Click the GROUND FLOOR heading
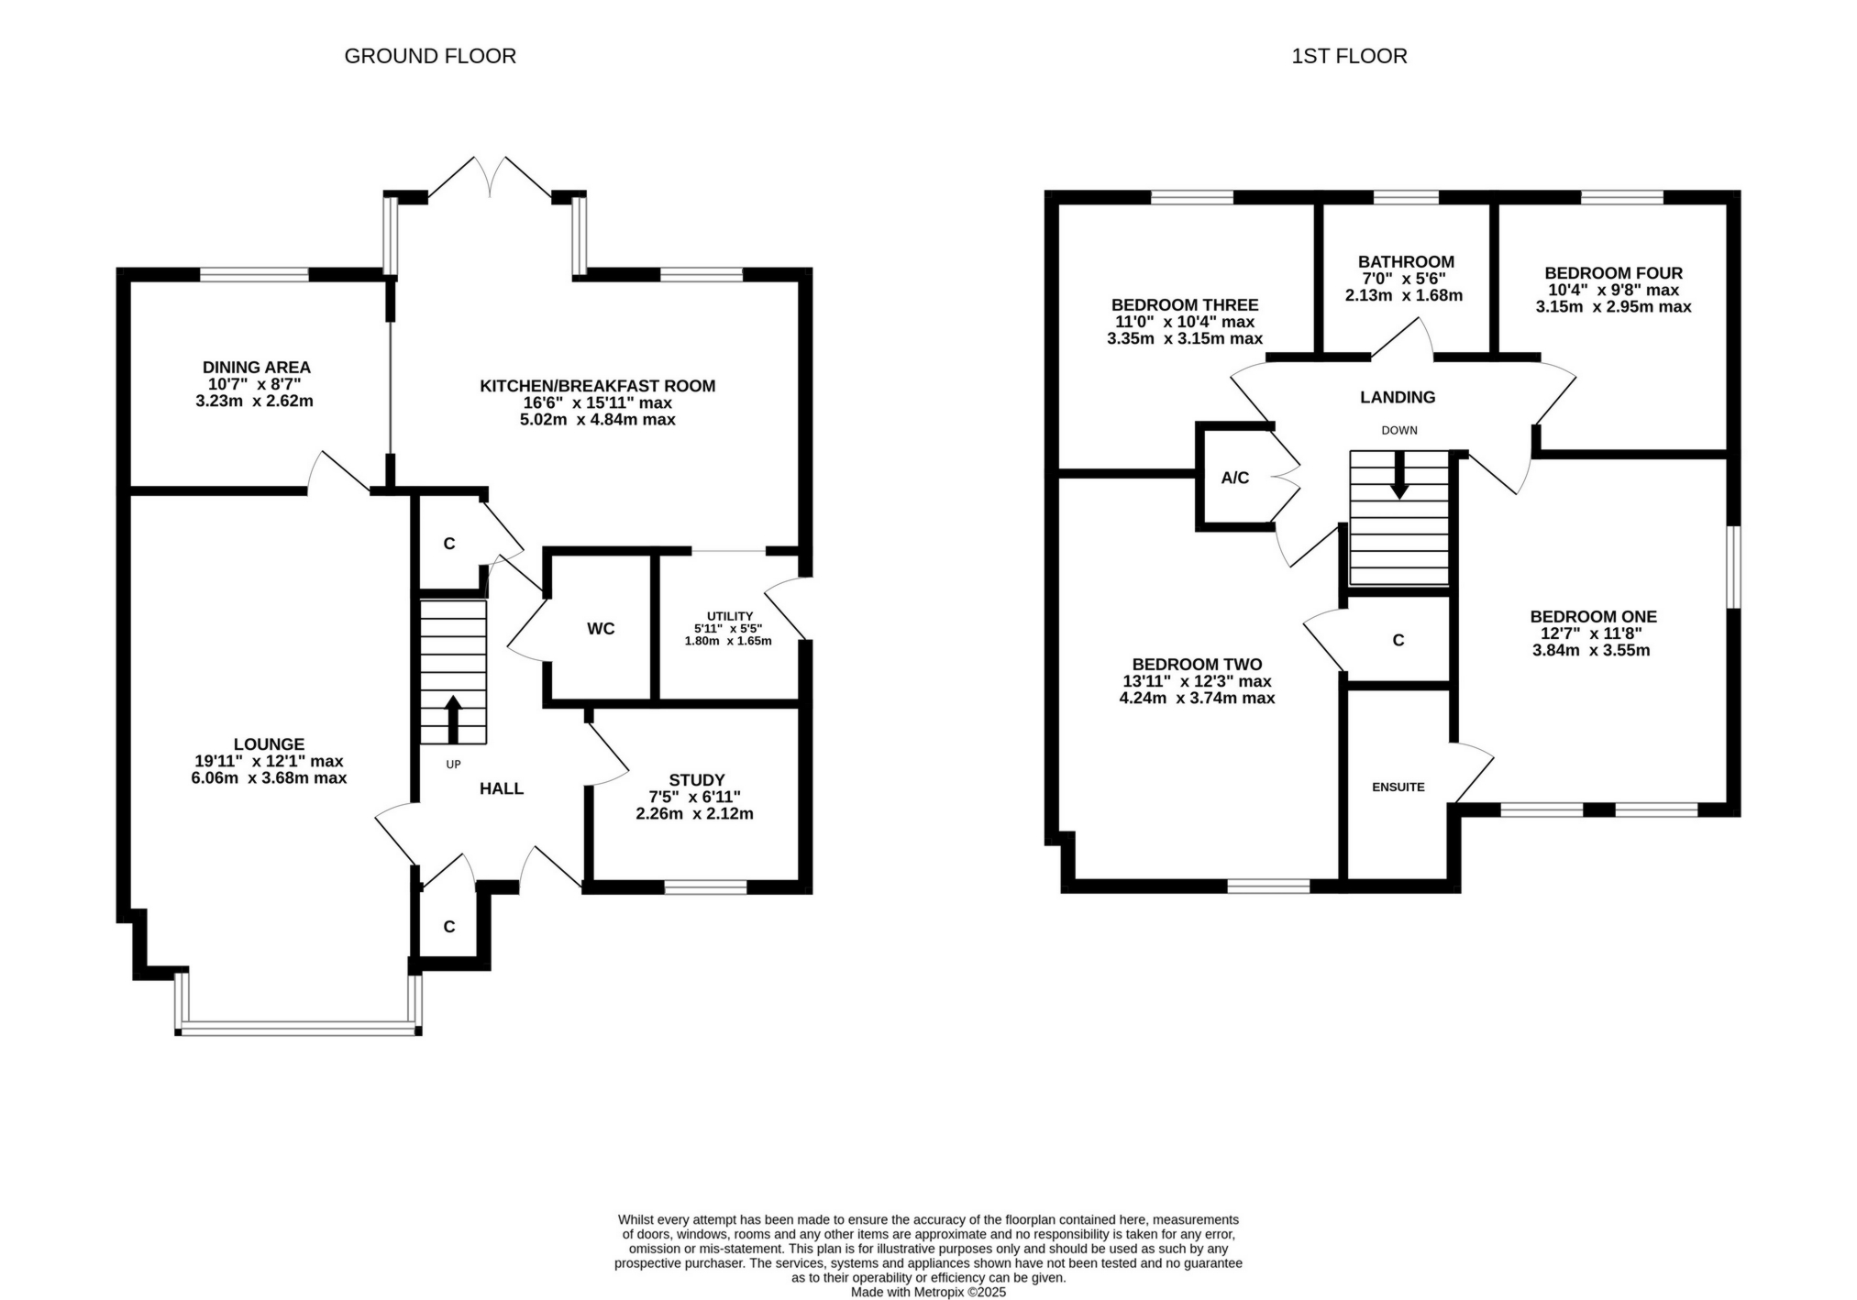(429, 56)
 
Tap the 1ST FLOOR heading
(1348, 56)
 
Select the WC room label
(601, 629)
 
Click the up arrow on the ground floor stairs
(453, 719)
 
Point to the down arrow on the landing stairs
(1398, 477)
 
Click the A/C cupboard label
(1234, 478)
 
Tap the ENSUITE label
(1398, 787)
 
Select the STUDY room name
(696, 780)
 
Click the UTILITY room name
(729, 616)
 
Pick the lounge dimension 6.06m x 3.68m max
(269, 778)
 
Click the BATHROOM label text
(1406, 262)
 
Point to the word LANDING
(1397, 397)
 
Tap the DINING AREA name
(256, 368)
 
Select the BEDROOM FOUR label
(1613, 273)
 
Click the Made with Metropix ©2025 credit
(928, 1292)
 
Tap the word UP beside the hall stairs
(453, 765)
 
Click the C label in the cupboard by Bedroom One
(1398, 640)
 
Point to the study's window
(705, 887)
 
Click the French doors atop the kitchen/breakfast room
(491, 179)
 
